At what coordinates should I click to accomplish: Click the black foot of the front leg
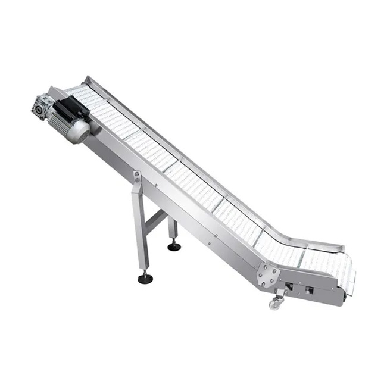point(145,278)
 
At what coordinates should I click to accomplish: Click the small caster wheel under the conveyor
point(274,305)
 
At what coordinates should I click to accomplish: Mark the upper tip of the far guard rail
point(88,78)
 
